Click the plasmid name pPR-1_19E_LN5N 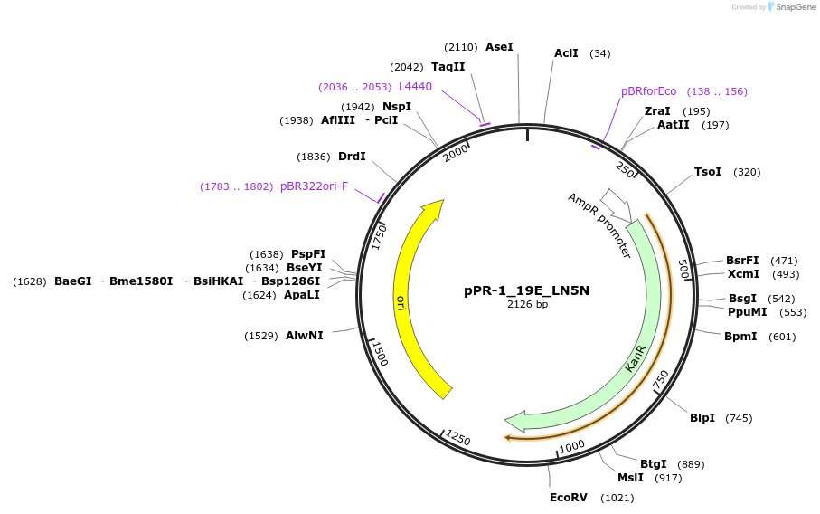tap(527, 290)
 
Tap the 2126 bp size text tap(527, 305)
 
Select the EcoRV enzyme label tap(569, 498)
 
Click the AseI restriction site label tap(499, 46)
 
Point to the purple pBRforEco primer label tap(648, 91)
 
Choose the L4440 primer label tap(415, 87)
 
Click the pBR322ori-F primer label tap(314, 186)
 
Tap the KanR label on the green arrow tap(636, 357)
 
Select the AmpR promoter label tap(599, 225)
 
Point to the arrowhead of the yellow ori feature tap(435, 210)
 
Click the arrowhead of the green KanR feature tap(516, 421)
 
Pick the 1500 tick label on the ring tap(381, 355)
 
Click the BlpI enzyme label tap(702, 418)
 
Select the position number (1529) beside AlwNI tap(261, 336)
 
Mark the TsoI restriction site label tap(708, 172)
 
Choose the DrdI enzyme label tap(352, 157)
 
